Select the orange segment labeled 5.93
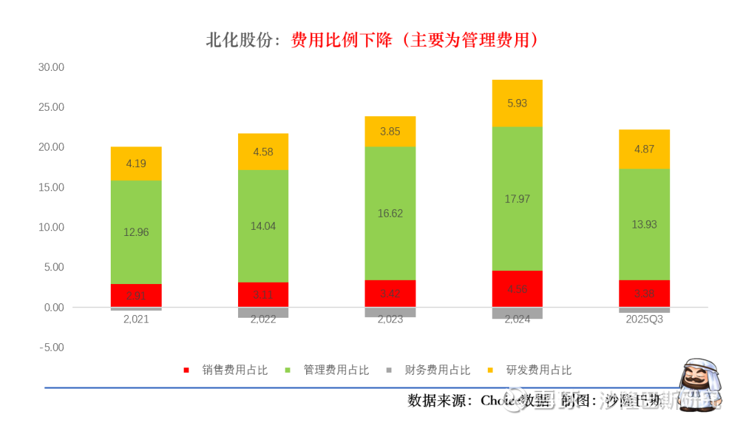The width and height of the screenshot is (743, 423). pyautogui.click(x=517, y=103)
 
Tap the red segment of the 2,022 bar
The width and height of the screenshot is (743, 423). pyautogui.click(x=263, y=294)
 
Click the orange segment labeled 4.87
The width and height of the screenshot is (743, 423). pyautogui.click(x=644, y=149)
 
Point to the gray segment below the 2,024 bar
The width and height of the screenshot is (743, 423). pyautogui.click(x=517, y=313)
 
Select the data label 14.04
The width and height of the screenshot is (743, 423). pyautogui.click(x=263, y=226)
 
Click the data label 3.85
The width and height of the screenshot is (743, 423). pyautogui.click(x=390, y=131)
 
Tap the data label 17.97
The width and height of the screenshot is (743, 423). pyautogui.click(x=517, y=199)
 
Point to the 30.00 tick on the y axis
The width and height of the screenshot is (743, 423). pyautogui.click(x=51, y=67)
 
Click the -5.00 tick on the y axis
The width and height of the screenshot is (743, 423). pyautogui.click(x=51, y=347)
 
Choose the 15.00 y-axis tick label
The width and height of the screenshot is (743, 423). pyautogui.click(x=51, y=187)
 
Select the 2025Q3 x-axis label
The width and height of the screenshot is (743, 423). pyautogui.click(x=644, y=319)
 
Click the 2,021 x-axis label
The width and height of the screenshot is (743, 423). pyautogui.click(x=136, y=319)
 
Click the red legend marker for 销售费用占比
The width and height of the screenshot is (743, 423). pyautogui.click(x=186, y=370)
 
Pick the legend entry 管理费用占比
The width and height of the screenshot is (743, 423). pyautogui.click(x=336, y=370)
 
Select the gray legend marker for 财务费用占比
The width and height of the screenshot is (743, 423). pyautogui.click(x=389, y=370)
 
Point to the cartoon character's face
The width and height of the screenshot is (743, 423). pyautogui.click(x=696, y=378)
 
